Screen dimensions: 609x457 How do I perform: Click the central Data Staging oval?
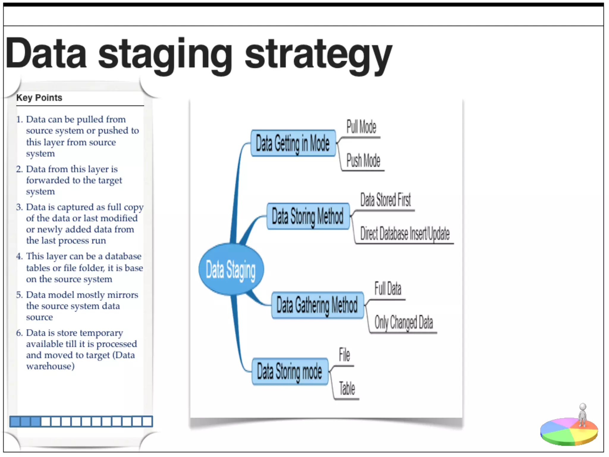pyautogui.click(x=231, y=269)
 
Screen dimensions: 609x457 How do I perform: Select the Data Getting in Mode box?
pyautogui.click(x=293, y=143)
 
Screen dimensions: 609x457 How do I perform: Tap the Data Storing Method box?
pyautogui.click(x=308, y=216)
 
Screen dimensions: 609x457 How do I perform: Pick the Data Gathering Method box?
pyautogui.click(x=317, y=305)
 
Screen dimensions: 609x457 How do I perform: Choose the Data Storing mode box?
pyautogui.click(x=290, y=371)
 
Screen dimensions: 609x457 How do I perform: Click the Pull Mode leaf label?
pyautogui.click(x=361, y=127)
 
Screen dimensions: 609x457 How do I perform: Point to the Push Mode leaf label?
pyautogui.click(x=363, y=161)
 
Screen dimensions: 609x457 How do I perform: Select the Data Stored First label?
pyautogui.click(x=385, y=200)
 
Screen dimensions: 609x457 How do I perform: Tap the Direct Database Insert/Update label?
pyautogui.click(x=405, y=234)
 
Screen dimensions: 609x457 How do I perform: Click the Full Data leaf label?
pyautogui.click(x=388, y=289)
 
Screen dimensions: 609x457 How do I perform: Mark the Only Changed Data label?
pyautogui.click(x=404, y=323)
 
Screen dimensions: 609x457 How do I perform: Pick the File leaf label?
pyautogui.click(x=344, y=355)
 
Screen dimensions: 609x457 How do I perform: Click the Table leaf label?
pyautogui.click(x=347, y=389)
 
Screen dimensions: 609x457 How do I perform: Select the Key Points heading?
pyautogui.click(x=39, y=98)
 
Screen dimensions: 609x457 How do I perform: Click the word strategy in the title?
pyautogui.click(x=318, y=55)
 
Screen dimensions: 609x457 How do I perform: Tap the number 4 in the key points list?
pyautogui.click(x=19, y=256)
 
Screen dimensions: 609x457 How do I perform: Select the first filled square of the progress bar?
pyautogui.click(x=15, y=422)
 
